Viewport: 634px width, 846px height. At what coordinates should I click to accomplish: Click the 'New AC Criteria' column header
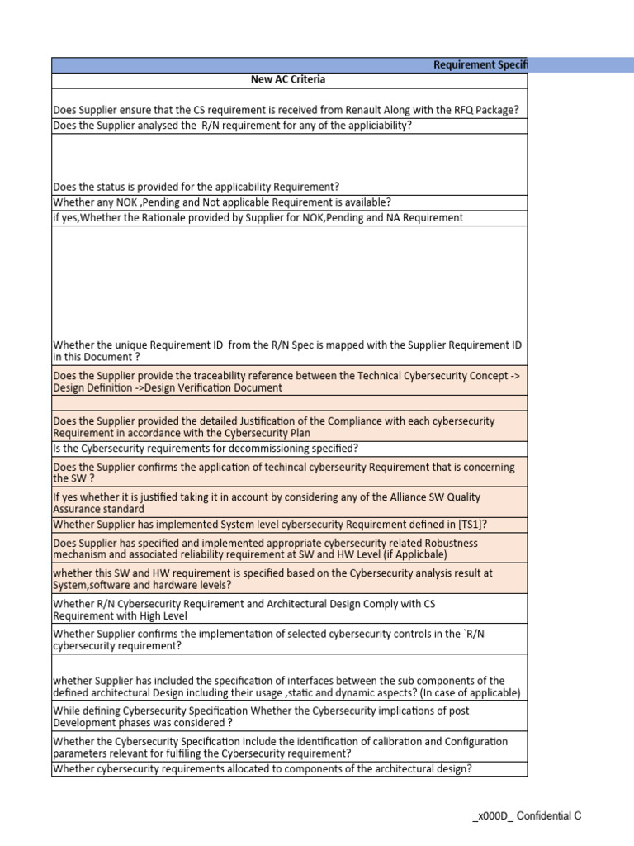[288, 79]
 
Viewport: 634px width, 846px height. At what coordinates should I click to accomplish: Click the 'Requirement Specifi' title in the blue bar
[480, 64]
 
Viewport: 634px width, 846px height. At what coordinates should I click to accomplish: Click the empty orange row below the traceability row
[289, 402]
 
